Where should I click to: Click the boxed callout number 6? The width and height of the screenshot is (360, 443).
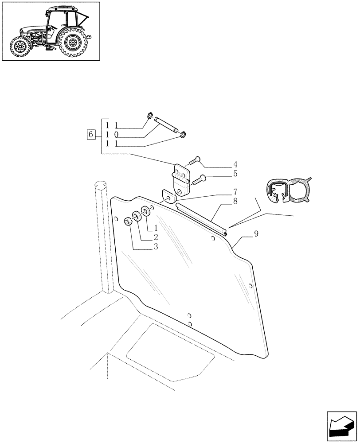click(x=91, y=134)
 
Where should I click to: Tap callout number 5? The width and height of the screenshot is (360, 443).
click(x=235, y=173)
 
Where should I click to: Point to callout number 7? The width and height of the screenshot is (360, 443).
click(x=235, y=192)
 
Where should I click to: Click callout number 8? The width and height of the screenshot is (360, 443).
click(x=235, y=201)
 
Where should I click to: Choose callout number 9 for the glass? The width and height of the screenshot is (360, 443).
click(x=256, y=233)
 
